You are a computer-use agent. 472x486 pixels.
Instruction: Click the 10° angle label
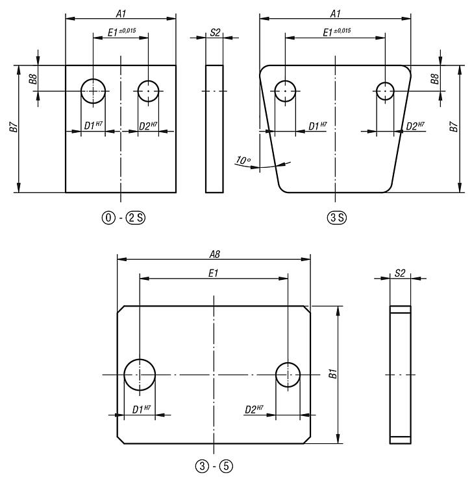pyautogui.click(x=243, y=159)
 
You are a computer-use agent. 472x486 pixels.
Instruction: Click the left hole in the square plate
pyautogui.click(x=93, y=91)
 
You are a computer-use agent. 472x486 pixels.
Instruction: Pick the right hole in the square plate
pyautogui.click(x=149, y=91)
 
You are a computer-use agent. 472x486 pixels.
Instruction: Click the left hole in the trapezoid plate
pyautogui.click(x=285, y=91)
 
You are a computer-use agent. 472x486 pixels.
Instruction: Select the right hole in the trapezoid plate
pyautogui.click(x=386, y=91)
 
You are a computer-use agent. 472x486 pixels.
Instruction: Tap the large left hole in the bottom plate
pyautogui.click(x=139, y=375)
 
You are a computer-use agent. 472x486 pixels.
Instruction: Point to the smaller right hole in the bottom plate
pyautogui.click(x=288, y=375)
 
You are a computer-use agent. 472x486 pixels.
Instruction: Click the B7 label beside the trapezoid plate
pyautogui.click(x=453, y=128)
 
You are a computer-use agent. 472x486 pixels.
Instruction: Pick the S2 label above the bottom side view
pyautogui.click(x=400, y=273)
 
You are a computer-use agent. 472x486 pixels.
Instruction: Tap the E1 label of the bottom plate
pyautogui.click(x=214, y=274)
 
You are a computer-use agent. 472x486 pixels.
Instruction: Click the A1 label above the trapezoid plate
pyautogui.click(x=336, y=13)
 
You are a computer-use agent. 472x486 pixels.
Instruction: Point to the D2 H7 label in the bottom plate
pyautogui.click(x=253, y=410)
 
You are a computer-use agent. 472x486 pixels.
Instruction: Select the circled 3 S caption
pyautogui.click(x=335, y=217)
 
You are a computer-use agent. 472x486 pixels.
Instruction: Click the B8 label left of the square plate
pyautogui.click(x=32, y=79)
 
